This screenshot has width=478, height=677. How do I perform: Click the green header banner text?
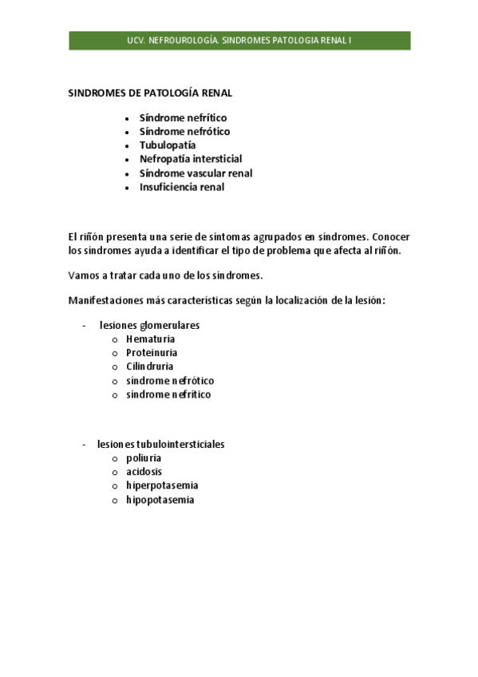pyautogui.click(x=239, y=40)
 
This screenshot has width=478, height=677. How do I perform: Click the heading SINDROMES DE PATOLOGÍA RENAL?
pyautogui.click(x=150, y=93)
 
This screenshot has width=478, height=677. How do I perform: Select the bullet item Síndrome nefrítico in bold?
pyautogui.click(x=183, y=117)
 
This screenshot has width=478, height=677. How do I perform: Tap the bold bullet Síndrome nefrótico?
pyautogui.click(x=184, y=131)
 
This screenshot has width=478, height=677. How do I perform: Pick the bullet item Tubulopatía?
pyautogui.click(x=167, y=145)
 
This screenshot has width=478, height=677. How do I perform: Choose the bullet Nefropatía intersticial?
pyautogui.click(x=191, y=159)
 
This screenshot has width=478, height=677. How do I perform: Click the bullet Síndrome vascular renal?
pyautogui.click(x=196, y=173)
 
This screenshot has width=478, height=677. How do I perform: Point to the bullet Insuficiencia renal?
pyautogui.click(x=181, y=187)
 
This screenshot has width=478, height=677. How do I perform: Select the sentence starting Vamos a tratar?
pyautogui.click(x=165, y=275)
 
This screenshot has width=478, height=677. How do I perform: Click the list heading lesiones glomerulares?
pyautogui.click(x=149, y=326)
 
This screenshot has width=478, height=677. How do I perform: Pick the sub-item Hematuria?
pyautogui.click(x=150, y=339)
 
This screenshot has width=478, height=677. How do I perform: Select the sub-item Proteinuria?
pyautogui.click(x=152, y=353)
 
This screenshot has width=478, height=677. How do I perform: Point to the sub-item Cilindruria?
pyautogui.click(x=149, y=366)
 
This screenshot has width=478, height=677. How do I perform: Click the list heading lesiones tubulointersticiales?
pyautogui.click(x=160, y=444)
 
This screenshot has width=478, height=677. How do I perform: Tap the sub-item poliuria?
pyautogui.click(x=144, y=458)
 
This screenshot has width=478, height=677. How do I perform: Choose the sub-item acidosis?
pyautogui.click(x=144, y=472)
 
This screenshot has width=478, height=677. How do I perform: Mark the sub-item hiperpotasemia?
pyautogui.click(x=162, y=485)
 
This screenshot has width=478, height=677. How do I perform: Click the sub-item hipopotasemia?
pyautogui.click(x=160, y=500)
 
